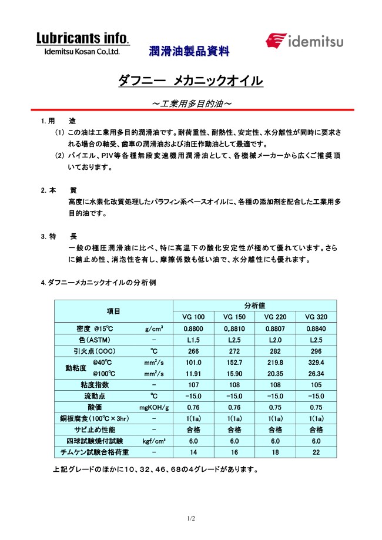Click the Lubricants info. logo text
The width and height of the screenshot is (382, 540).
pos(82,39)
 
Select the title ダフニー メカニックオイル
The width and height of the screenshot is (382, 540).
pos(190,81)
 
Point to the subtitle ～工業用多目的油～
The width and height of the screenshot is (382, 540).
pos(191,103)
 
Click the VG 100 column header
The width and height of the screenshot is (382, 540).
pos(193,317)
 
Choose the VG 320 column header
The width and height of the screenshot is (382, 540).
pos(316,317)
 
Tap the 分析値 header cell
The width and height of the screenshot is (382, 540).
pos(254,306)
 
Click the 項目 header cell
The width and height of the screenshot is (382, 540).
pos(113,311)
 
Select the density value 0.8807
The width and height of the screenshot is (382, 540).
pos(275,328)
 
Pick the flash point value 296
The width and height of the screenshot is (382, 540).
pos(316,351)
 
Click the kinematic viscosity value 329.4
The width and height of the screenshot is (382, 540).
pos(316,363)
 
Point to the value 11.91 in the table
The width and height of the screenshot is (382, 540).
pos(193,373)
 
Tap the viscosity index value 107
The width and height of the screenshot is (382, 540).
pos(193,384)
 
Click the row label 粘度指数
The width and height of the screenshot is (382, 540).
pos(92,384)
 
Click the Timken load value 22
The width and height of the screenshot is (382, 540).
pos(316,452)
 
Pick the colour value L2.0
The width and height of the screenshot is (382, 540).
pos(275,340)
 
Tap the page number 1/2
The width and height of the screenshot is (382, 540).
pos(191,519)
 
